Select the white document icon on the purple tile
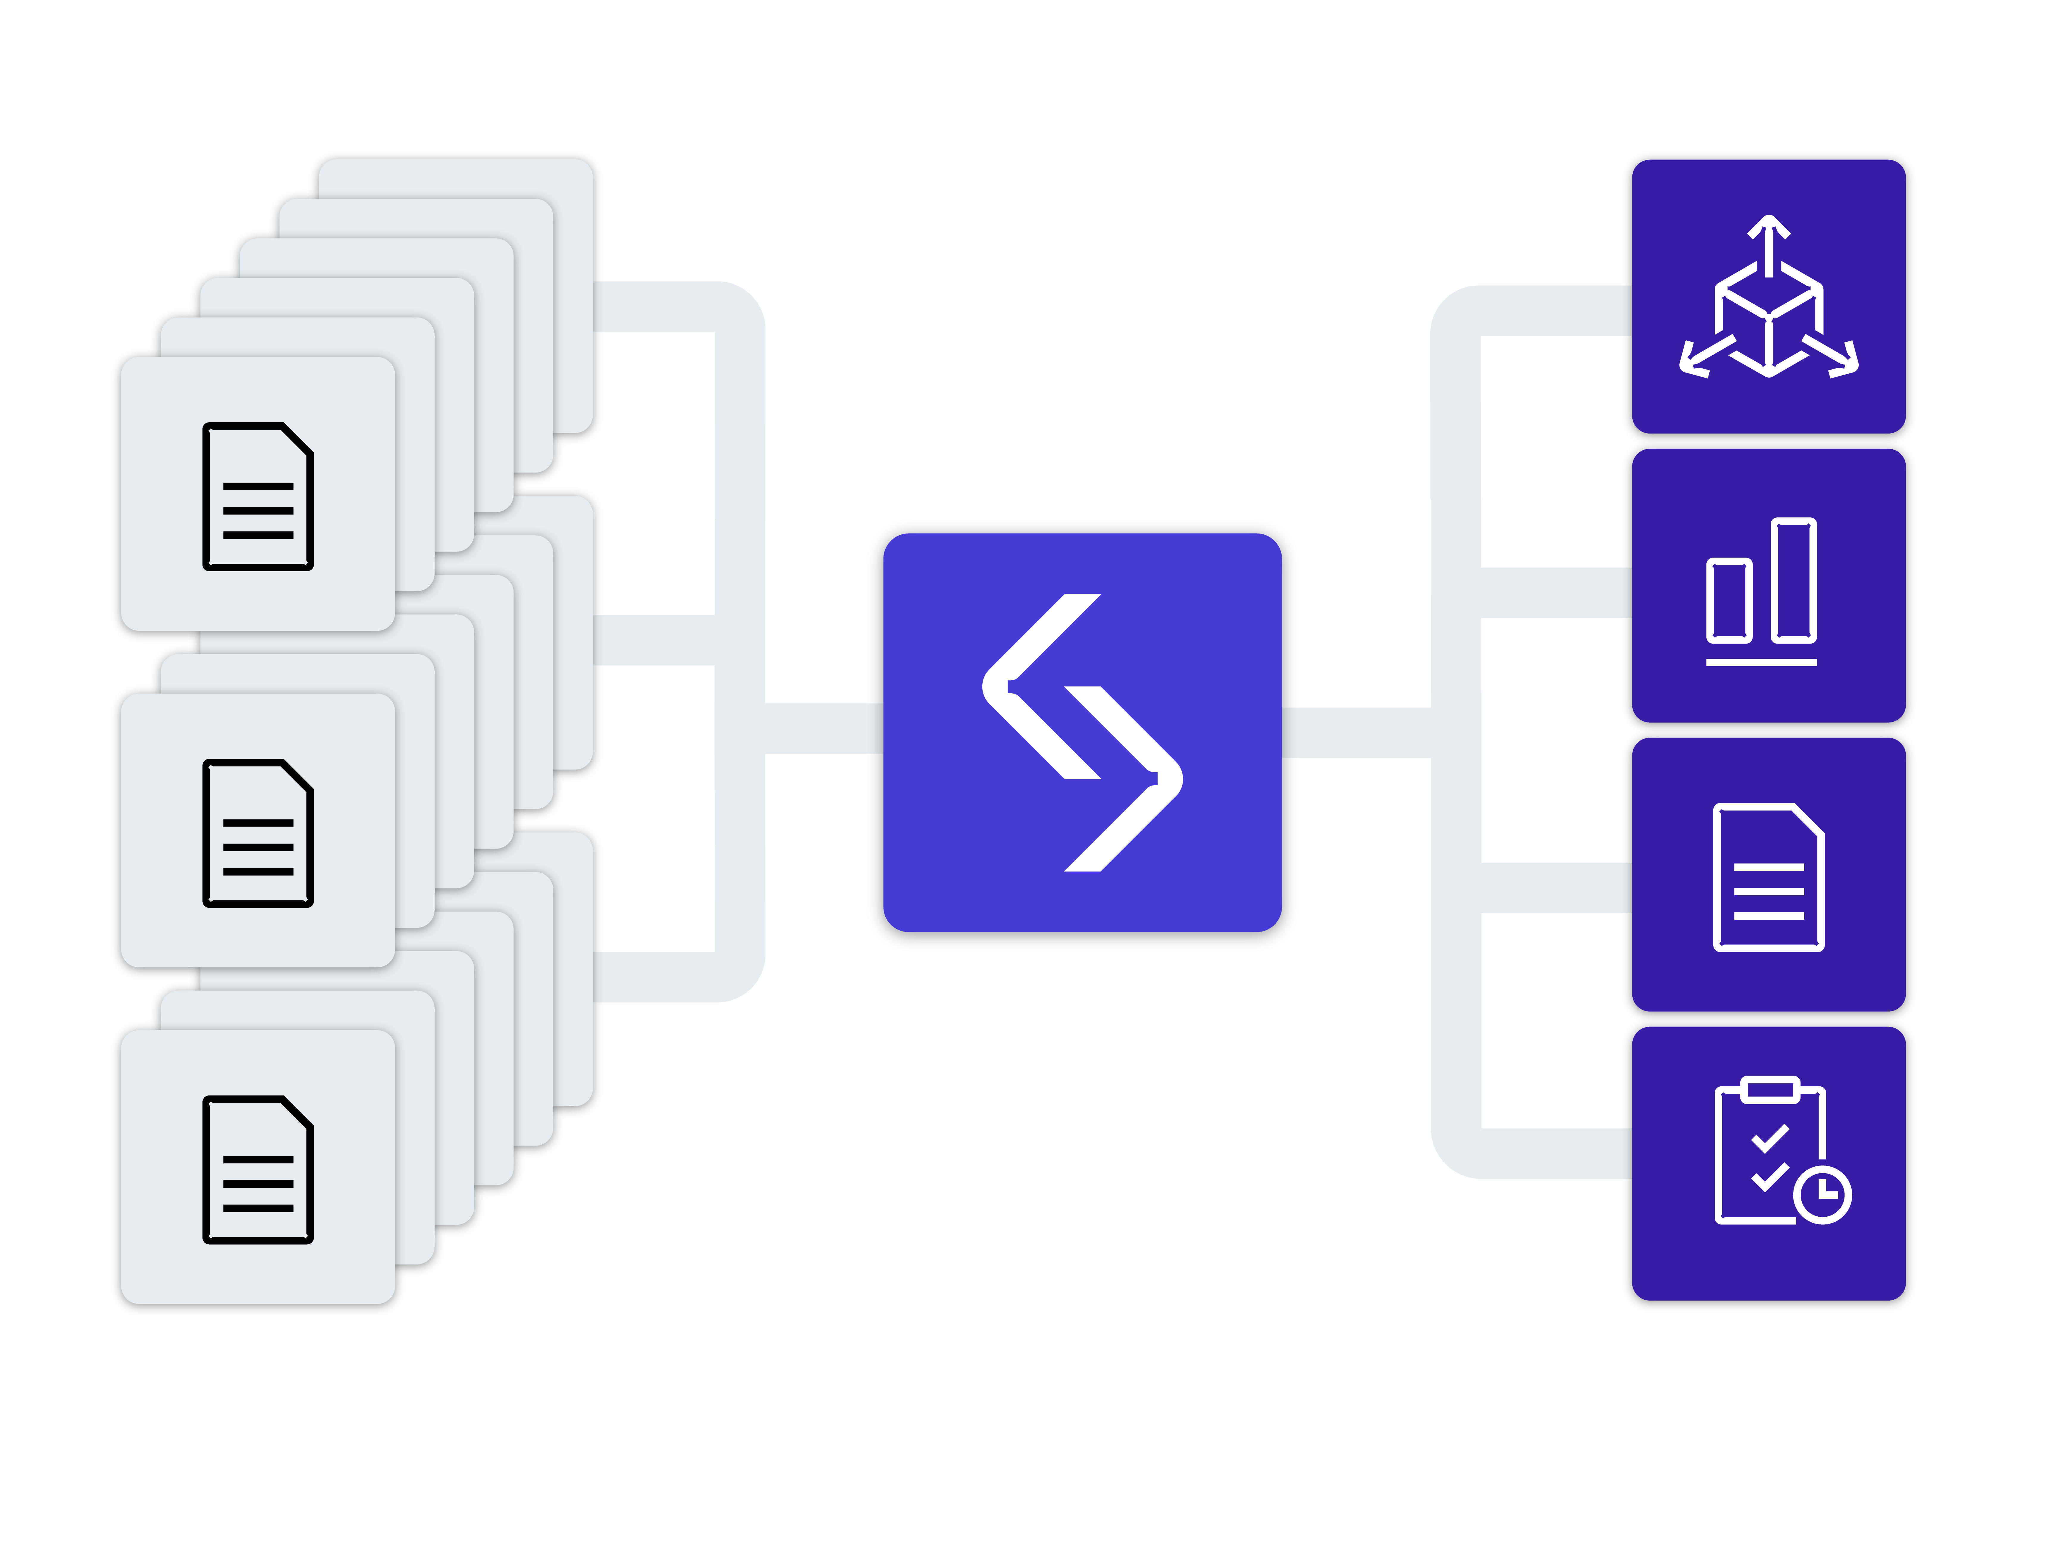1768,877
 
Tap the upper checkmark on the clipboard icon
1770,1138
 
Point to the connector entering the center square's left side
824,729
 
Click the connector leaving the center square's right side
1355,733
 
